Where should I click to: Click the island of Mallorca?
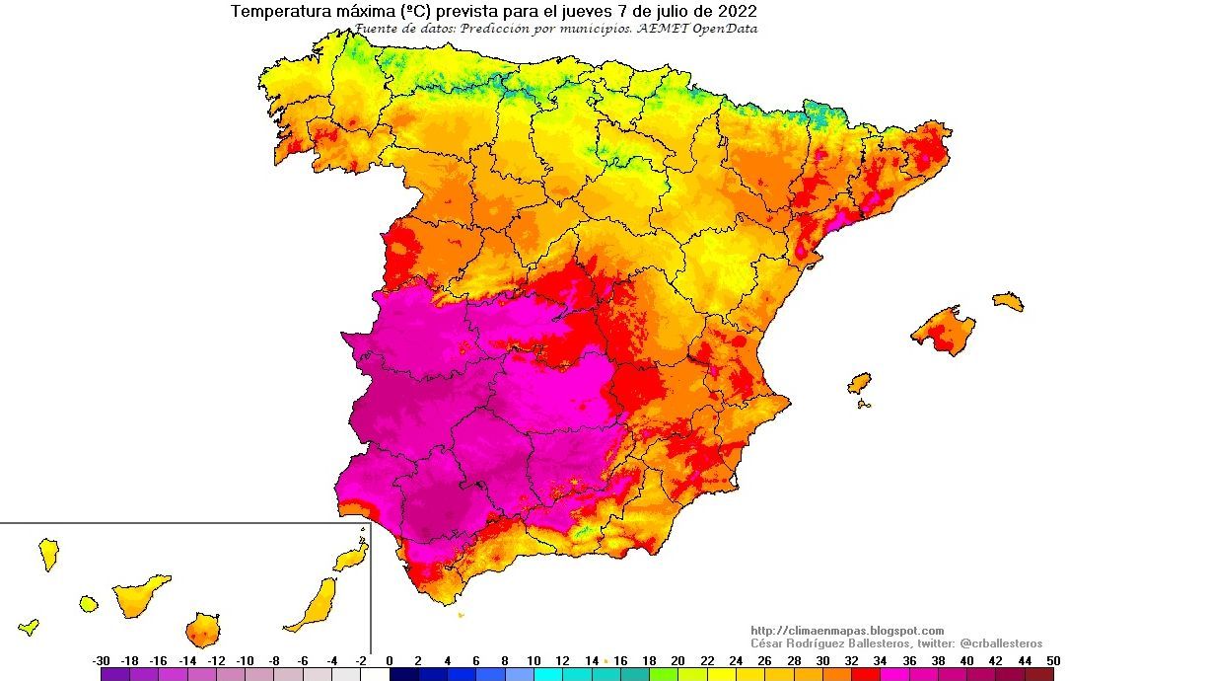(x=946, y=331)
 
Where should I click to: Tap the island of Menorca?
(x=1008, y=301)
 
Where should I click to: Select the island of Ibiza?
(x=860, y=383)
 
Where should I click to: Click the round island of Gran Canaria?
(x=203, y=629)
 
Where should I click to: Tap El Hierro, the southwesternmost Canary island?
(x=29, y=626)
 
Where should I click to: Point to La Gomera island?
(x=89, y=602)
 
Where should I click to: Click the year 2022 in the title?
(x=738, y=12)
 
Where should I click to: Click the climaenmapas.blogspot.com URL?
(x=847, y=631)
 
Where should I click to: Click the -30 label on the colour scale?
(x=101, y=660)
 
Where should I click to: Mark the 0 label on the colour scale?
(x=390, y=660)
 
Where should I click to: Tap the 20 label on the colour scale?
(x=677, y=660)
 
